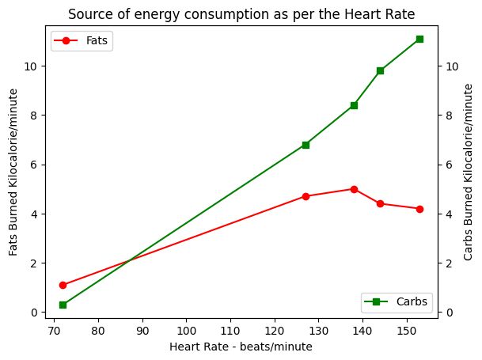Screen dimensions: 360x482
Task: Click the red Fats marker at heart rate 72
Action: pyautogui.click(x=63, y=285)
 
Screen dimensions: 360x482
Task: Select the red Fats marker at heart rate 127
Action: pyautogui.click(x=306, y=196)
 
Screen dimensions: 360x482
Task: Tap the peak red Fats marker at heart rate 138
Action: pyautogui.click(x=354, y=189)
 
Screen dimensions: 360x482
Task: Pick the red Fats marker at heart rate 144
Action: pyautogui.click(x=380, y=203)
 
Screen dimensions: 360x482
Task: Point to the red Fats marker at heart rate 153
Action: pyautogui.click(x=419, y=209)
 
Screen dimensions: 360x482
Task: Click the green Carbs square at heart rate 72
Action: pyautogui.click(x=63, y=305)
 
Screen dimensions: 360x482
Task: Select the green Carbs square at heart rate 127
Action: pyautogui.click(x=306, y=145)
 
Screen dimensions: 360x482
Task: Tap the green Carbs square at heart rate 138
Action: pyautogui.click(x=354, y=105)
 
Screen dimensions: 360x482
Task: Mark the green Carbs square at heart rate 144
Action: pyautogui.click(x=380, y=70)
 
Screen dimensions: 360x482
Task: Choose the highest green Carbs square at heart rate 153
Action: pyautogui.click(x=419, y=39)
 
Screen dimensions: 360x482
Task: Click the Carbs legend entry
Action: pyautogui.click(x=397, y=301)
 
